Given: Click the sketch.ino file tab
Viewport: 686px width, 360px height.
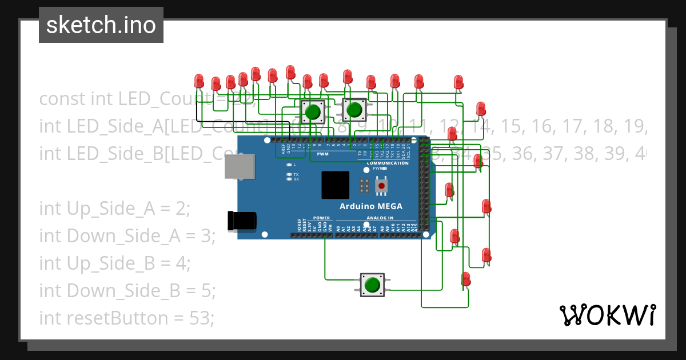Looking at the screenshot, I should pyautogui.click(x=101, y=25).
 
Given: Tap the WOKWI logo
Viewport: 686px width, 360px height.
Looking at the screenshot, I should pyautogui.click(x=607, y=315).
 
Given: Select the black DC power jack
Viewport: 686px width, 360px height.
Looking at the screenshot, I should pyautogui.click(x=241, y=221).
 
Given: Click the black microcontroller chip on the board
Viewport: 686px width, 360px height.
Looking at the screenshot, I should pyautogui.click(x=335, y=185).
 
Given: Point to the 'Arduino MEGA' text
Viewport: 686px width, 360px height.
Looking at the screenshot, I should pyautogui.click(x=370, y=206).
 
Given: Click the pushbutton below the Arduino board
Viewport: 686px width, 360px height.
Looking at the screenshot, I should pyautogui.click(x=372, y=285).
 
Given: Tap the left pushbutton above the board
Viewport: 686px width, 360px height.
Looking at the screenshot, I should pyautogui.click(x=312, y=112).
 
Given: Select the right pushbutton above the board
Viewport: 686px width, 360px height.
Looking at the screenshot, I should pyautogui.click(x=354, y=109).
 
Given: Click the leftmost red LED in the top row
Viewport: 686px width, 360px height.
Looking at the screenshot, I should pyautogui.click(x=199, y=81).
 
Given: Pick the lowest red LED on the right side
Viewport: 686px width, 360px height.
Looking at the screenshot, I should pyautogui.click(x=466, y=279).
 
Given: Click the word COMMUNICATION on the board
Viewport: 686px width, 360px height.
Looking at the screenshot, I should pyautogui.click(x=388, y=163).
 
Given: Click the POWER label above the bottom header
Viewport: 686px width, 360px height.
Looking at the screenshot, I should pyautogui.click(x=321, y=218).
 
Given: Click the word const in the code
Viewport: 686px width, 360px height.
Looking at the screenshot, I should pyautogui.click(x=62, y=99).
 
